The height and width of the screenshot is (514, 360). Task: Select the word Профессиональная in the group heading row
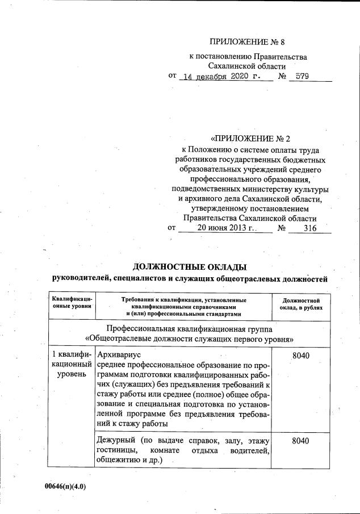(141, 329)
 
